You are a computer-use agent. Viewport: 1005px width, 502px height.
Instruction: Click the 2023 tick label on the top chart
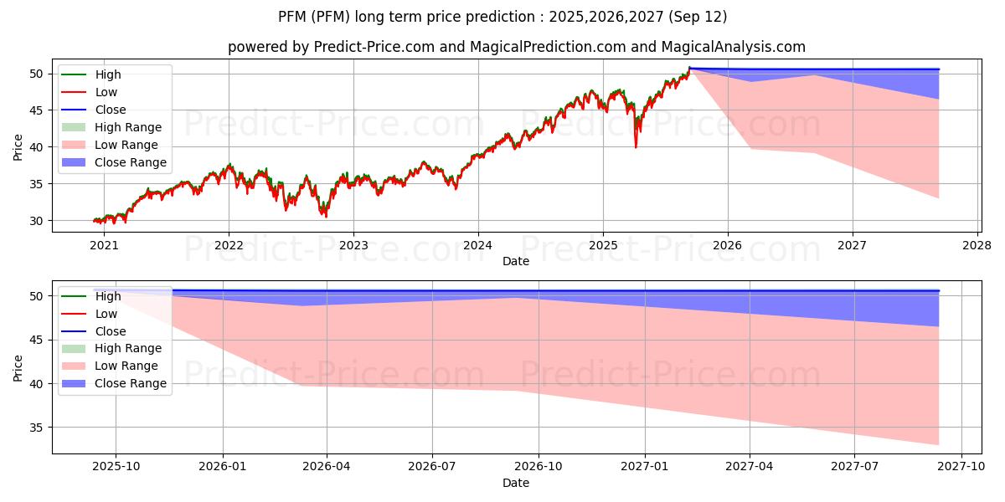[x=353, y=245]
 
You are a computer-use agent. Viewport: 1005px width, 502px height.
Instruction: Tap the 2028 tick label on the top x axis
[x=977, y=245]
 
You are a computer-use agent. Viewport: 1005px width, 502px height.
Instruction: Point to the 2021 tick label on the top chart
[x=104, y=245]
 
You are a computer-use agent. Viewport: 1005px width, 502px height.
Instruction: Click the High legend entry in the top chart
[x=108, y=74]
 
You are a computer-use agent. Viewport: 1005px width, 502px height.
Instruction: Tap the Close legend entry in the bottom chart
[x=111, y=331]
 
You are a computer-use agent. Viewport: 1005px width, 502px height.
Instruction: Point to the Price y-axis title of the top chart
[x=18, y=146]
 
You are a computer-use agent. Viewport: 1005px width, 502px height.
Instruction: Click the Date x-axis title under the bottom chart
[x=516, y=483]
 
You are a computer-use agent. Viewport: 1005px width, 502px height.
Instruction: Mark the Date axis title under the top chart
[x=516, y=261]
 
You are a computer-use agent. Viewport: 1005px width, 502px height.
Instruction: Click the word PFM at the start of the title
[x=294, y=17]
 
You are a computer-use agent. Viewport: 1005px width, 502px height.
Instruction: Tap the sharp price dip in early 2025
[x=636, y=146]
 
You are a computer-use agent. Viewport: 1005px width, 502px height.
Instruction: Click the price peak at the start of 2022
[x=229, y=165]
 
